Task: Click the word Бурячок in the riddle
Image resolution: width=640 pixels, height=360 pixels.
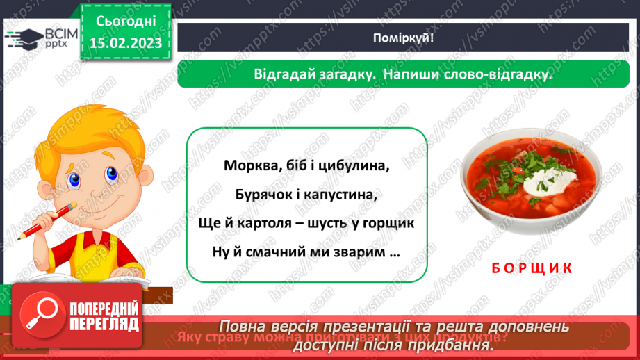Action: (254, 195)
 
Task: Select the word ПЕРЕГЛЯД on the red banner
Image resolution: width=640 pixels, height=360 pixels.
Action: (104, 325)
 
